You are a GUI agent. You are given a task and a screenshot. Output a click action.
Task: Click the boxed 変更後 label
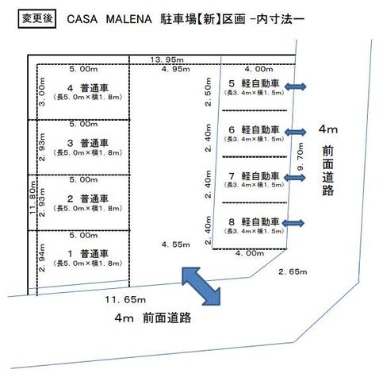coord(37,18)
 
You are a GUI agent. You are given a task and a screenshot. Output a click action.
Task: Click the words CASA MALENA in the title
coord(109,19)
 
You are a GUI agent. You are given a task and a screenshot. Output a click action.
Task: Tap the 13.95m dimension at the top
coord(167,60)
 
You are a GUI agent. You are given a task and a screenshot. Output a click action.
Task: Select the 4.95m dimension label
coord(176,69)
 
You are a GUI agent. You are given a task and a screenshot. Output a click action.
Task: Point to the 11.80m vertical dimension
coord(33,198)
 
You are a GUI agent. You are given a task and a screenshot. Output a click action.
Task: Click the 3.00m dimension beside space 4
coord(42,92)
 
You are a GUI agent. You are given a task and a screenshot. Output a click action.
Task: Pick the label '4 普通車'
coord(88,87)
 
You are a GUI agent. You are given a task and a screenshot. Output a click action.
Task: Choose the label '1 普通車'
coord(88,254)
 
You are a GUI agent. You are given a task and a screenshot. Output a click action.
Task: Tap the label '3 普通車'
coord(88,143)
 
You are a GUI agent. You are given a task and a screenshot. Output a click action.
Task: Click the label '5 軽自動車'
coord(254,83)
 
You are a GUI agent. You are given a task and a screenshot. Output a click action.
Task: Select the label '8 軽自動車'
coord(254,221)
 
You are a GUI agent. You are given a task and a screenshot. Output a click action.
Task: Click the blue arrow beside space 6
coord(295,132)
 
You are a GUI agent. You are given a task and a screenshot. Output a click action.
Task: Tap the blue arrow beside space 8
coord(293,223)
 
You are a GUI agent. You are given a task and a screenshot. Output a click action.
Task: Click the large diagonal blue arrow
coord(201,287)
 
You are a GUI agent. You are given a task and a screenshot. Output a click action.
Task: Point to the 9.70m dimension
coord(301,156)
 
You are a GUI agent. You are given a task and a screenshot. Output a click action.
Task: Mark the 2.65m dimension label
coord(293,271)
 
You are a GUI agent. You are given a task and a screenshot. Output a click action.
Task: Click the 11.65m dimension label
coord(125,299)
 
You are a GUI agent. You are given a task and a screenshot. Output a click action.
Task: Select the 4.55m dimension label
coord(176,244)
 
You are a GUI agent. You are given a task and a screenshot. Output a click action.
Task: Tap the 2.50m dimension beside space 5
coord(209,91)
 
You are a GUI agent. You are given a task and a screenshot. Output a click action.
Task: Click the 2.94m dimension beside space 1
coord(42,258)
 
